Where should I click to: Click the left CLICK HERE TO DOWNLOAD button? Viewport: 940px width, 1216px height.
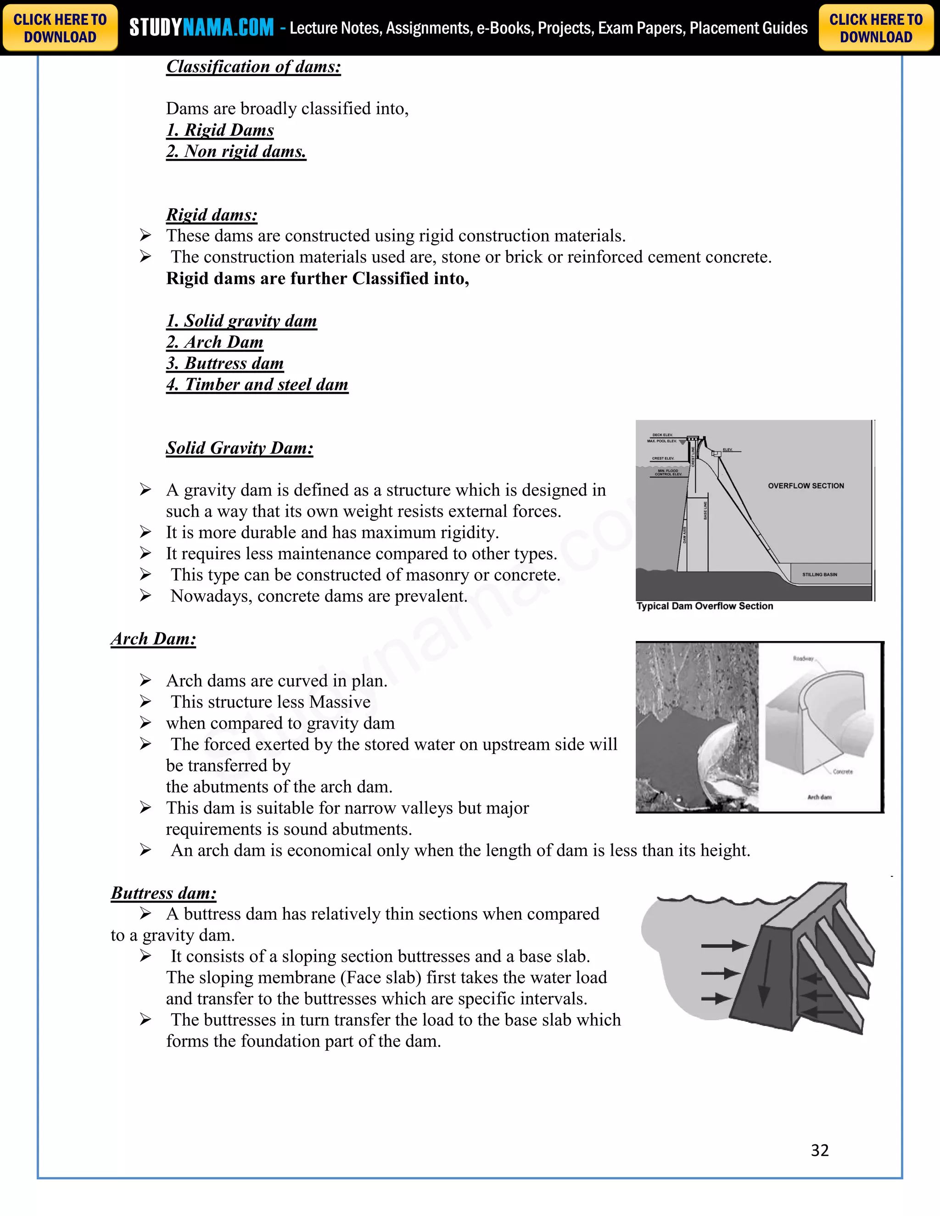[60, 28]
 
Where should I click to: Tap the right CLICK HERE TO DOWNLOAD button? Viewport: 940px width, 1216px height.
[875, 28]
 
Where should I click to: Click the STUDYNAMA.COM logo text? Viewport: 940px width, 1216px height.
[201, 27]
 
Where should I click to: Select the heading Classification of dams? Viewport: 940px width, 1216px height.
[253, 67]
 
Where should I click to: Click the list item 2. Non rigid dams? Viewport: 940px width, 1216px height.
[236, 151]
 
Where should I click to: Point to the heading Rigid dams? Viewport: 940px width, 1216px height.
[212, 215]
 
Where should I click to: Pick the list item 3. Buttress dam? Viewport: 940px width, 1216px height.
[225, 363]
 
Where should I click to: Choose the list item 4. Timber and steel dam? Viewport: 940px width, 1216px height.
[257, 385]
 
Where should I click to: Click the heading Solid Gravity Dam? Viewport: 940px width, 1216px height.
[240, 448]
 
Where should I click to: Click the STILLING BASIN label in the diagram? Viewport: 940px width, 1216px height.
[819, 575]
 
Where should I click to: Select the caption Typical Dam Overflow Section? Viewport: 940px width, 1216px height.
[705, 606]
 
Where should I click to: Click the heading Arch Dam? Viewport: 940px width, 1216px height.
[154, 639]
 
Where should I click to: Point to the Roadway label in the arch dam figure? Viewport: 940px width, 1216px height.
[803, 658]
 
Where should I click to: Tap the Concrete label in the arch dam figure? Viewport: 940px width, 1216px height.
[843, 772]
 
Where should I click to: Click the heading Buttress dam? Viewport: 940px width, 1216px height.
[164, 893]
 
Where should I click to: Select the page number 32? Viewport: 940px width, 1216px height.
[820, 1150]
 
